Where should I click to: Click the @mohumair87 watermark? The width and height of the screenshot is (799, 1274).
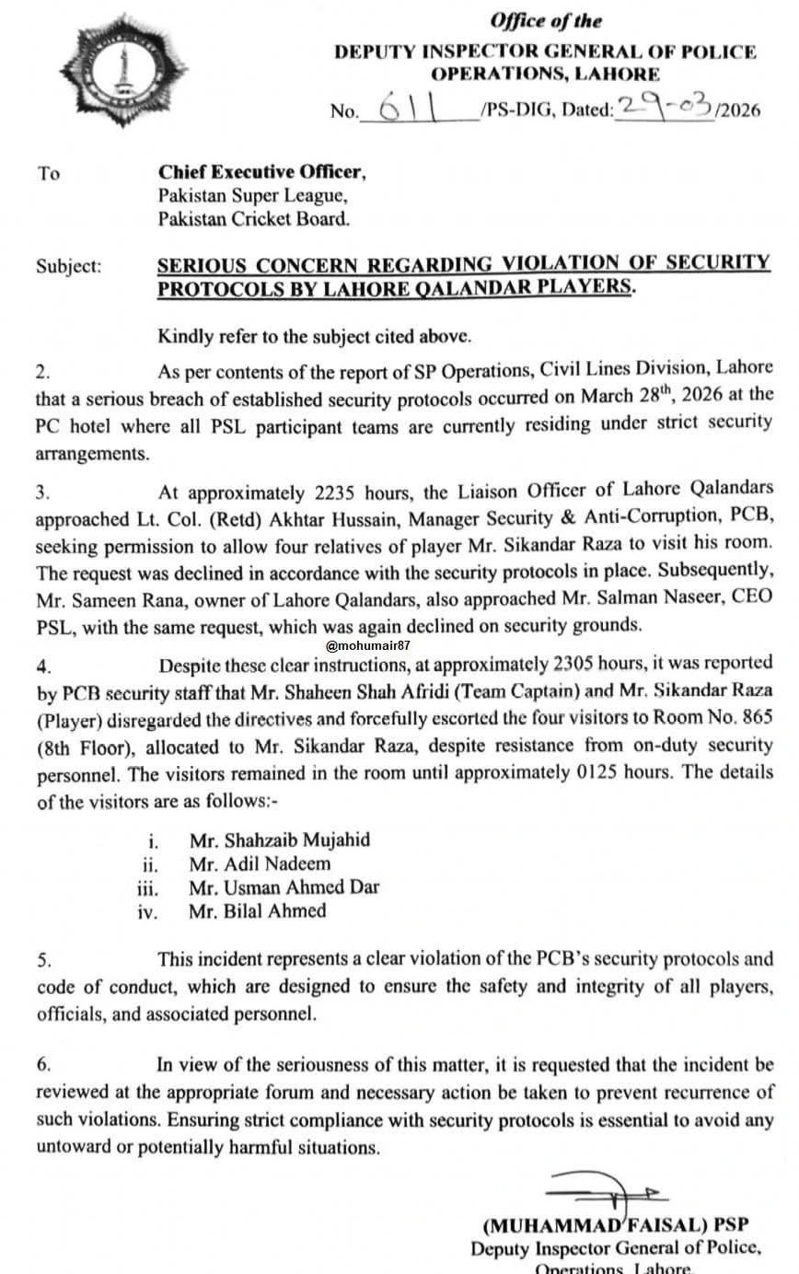coord(369,646)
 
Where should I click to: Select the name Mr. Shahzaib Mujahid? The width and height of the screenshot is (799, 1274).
coord(280,840)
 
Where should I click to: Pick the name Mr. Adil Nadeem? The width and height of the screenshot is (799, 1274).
coord(260,864)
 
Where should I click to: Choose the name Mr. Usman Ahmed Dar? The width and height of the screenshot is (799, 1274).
coord(284,887)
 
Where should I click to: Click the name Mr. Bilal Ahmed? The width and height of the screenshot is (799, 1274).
coord(258,911)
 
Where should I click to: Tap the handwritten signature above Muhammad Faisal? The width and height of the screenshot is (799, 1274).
coord(608,1194)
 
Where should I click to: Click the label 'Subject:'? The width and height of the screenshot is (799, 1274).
coord(69,267)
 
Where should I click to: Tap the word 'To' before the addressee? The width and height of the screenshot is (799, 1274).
coord(49,172)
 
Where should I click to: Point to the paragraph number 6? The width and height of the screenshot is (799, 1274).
coord(43,1064)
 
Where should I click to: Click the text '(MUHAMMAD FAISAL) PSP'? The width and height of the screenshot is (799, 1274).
coord(616,1225)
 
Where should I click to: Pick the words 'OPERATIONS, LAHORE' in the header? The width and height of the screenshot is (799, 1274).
coord(546,75)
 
